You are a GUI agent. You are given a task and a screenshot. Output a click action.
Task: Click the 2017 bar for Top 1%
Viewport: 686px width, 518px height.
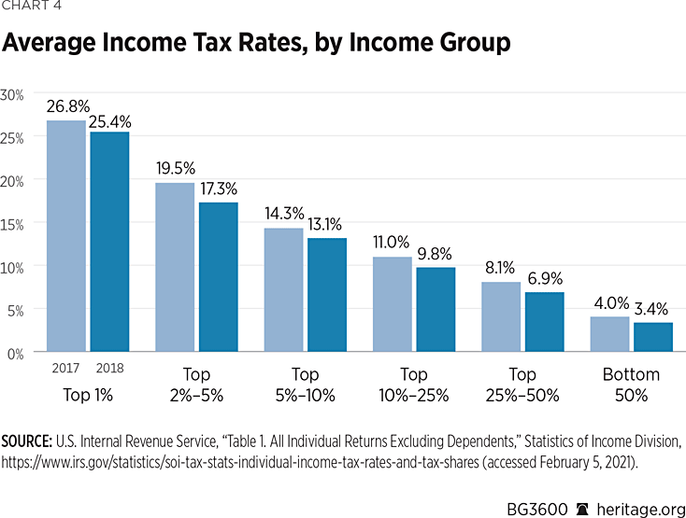point(67,236)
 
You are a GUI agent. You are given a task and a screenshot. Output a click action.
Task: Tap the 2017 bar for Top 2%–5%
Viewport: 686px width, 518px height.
point(175,268)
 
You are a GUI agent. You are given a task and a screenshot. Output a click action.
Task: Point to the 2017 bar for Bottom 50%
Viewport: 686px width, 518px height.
point(610,334)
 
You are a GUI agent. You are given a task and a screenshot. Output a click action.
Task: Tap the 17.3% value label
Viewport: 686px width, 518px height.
point(218,189)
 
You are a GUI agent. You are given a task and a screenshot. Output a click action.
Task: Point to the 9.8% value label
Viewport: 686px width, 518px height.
point(436,254)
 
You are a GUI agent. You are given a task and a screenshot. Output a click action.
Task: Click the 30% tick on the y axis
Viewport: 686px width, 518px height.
point(12,93)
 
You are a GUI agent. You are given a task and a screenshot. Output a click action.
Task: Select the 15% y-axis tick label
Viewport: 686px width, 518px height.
point(12,223)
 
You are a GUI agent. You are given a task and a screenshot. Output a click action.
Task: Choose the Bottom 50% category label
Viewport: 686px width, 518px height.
point(632,385)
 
